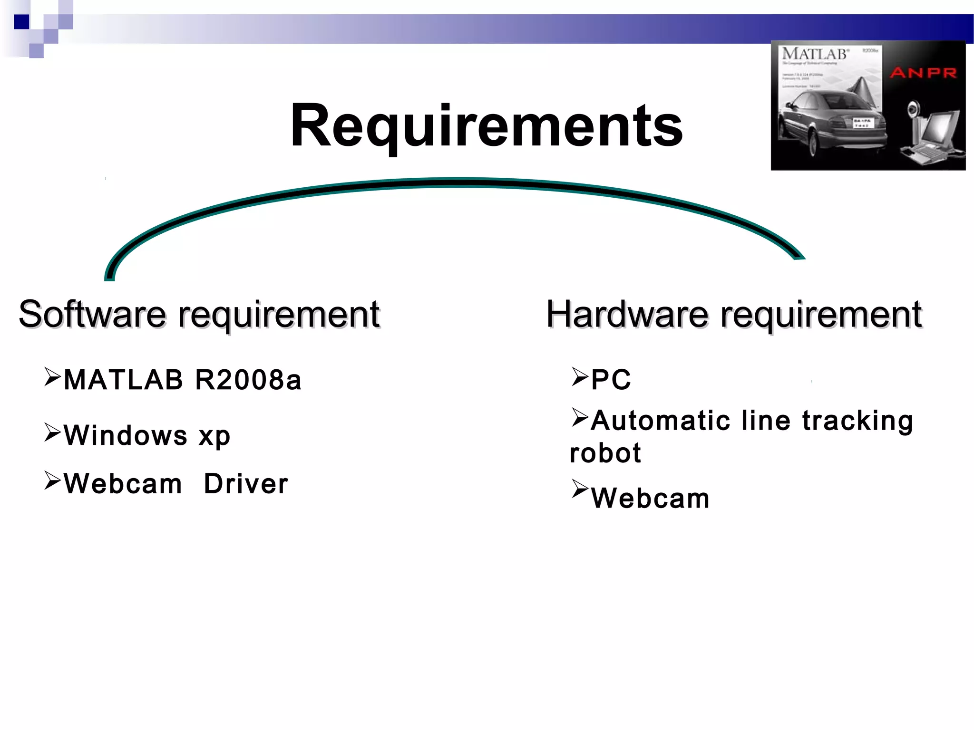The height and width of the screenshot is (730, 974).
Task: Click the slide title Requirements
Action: tap(486, 126)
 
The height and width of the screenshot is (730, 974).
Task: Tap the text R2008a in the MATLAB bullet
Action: tap(248, 380)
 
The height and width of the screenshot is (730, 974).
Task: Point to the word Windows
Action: tap(126, 435)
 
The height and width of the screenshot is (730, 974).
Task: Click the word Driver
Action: tap(246, 484)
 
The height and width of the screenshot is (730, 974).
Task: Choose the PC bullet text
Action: tap(611, 380)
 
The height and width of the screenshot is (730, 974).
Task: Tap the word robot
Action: tap(605, 453)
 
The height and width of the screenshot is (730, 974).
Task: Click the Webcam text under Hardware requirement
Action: tap(650, 499)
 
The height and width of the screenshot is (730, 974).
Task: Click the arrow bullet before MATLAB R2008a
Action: tap(52, 377)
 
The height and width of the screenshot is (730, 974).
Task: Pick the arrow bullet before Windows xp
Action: tap(52, 432)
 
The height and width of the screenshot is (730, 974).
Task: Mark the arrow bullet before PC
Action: tap(580, 377)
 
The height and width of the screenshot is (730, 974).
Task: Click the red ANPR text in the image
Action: tap(923, 73)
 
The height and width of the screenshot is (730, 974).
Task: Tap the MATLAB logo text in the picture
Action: tap(815, 54)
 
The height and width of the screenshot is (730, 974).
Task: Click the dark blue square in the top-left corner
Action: tap(22, 22)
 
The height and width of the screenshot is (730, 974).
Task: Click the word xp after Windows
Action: tap(214, 436)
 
